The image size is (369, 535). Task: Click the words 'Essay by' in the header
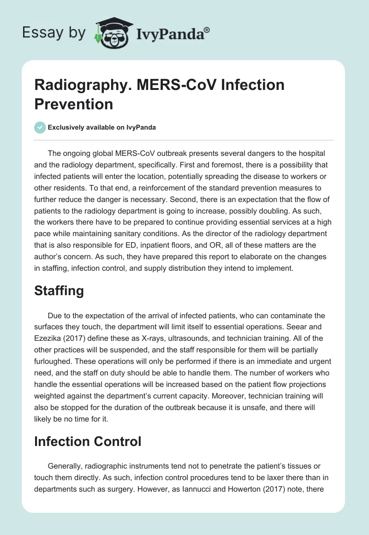tap(54, 33)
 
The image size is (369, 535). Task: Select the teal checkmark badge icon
tap(40, 127)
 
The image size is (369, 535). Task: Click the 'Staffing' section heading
tap(59, 291)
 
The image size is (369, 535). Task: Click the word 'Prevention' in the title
tap(74, 104)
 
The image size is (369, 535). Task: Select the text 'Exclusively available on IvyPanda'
tap(102, 127)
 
